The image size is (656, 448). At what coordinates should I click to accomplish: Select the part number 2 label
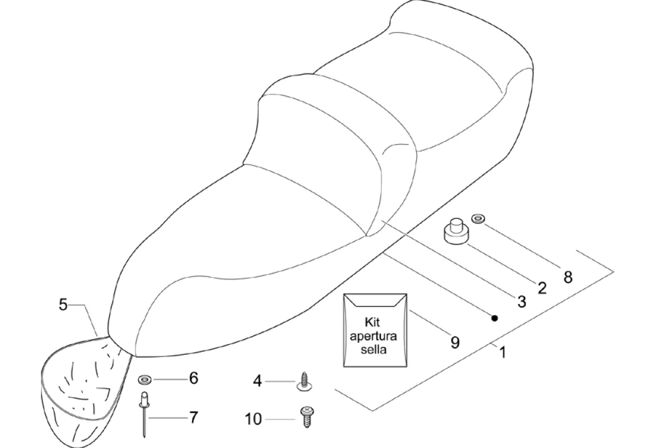[x=542, y=288]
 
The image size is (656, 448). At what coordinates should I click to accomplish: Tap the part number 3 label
[x=521, y=302]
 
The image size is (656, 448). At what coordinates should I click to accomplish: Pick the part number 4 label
[x=257, y=381]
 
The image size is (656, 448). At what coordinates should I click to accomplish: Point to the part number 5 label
[x=64, y=304]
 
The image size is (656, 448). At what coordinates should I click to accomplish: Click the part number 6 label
[x=193, y=378]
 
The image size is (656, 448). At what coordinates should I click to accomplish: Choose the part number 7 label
[x=193, y=417]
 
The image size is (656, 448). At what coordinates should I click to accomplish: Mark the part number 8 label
[x=567, y=276]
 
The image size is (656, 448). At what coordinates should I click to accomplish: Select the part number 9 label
[x=455, y=342]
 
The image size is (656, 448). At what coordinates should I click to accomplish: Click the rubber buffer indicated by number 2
[x=458, y=232]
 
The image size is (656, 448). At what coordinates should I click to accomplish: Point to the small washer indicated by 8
[x=478, y=218]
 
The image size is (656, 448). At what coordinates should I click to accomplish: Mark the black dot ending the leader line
[x=494, y=318]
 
